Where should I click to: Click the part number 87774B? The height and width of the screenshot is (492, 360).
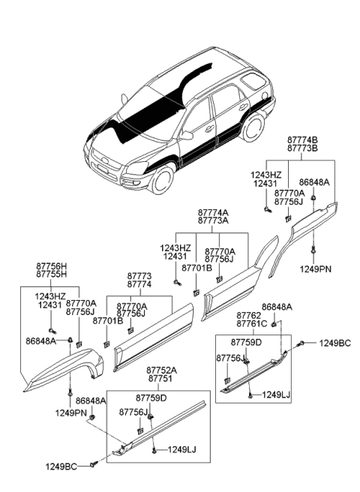302,140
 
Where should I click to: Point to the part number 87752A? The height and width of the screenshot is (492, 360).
161,370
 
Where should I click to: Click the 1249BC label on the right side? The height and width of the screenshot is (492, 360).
334,343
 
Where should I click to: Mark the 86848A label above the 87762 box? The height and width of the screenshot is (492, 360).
277,307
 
